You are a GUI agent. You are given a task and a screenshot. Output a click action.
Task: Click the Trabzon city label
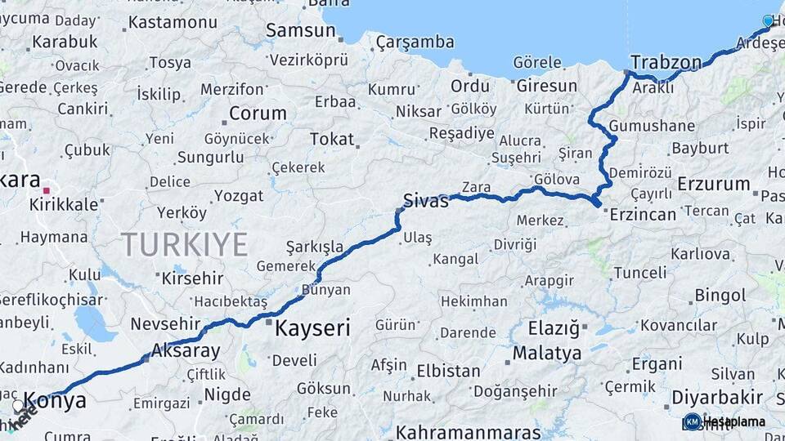(x=666, y=63)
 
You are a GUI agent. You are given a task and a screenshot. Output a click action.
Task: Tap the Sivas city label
(x=426, y=200)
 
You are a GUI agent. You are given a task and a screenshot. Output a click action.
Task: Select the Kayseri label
(x=312, y=329)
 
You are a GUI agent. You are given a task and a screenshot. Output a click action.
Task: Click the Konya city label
(x=55, y=401)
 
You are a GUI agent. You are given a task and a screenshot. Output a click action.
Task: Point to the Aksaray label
(x=186, y=351)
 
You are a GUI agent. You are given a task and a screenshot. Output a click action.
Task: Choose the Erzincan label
(x=643, y=214)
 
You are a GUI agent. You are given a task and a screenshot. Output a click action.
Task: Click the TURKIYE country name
(x=185, y=244)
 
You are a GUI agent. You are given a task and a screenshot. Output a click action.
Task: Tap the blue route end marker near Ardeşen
(x=768, y=20)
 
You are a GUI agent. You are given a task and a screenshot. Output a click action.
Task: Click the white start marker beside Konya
(x=18, y=405)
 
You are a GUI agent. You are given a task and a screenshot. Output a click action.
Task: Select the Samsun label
(x=300, y=31)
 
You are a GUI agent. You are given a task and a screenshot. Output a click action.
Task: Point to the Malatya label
(x=547, y=354)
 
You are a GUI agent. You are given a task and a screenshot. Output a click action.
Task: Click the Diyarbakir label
(x=716, y=397)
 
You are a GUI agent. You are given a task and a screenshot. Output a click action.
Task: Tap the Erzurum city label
(x=713, y=184)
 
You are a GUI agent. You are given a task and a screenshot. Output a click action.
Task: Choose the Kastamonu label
(x=171, y=22)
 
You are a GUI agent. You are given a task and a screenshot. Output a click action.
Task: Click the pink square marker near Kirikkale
(x=47, y=191)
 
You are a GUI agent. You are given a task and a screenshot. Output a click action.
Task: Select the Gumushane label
(x=652, y=126)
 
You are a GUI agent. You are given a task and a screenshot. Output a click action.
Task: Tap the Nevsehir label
(x=165, y=323)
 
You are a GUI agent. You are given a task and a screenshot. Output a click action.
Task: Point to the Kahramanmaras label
(x=468, y=431)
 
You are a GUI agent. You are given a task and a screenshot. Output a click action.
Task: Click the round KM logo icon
(x=692, y=421)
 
